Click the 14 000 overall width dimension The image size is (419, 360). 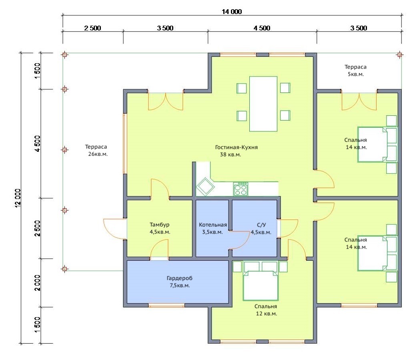pyautogui.click(x=232, y=12)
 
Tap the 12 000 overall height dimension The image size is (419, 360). pyautogui.click(x=18, y=198)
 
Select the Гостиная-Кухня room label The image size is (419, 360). pyautogui.click(x=236, y=147)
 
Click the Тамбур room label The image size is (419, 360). pyautogui.click(x=159, y=225)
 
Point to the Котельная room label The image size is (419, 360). pyautogui.click(x=213, y=225)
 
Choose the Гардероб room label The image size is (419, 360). pyautogui.click(x=179, y=278)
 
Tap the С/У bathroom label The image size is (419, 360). pyautogui.click(x=261, y=225)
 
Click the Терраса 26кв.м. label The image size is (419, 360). pyautogui.click(x=96, y=150)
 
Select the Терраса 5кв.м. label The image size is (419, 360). pyautogui.click(x=355, y=70)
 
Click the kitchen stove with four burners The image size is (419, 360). pyautogui.click(x=241, y=189)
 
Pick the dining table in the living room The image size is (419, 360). pyautogui.click(x=263, y=104)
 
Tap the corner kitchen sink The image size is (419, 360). pyautogui.click(x=205, y=187)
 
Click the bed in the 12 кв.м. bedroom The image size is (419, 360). pyautogui.click(x=260, y=285)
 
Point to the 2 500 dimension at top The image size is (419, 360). pyautogui.click(x=92, y=28)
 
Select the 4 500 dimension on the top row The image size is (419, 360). pyautogui.click(x=262, y=28)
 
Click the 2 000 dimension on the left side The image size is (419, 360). pyautogui.click(x=37, y=283)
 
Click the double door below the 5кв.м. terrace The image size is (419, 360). pyautogui.click(x=359, y=101)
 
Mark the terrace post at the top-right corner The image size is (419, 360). pyautogui.click(x=399, y=55)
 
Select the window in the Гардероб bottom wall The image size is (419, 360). pyautogui.click(x=166, y=305)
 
